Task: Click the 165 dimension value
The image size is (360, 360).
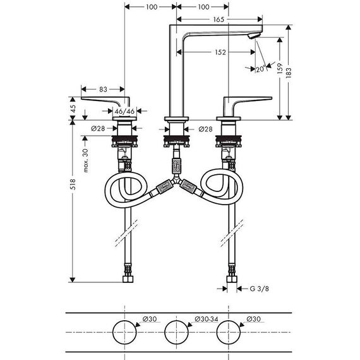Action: click(x=219, y=20)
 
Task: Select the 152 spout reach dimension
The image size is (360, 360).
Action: click(x=220, y=52)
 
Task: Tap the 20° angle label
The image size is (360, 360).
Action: click(x=261, y=69)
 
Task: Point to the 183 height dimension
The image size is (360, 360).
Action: click(x=289, y=73)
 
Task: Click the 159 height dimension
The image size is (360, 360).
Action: click(x=280, y=68)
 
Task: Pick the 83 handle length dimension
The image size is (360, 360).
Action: click(x=103, y=89)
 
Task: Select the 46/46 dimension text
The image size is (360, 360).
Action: click(x=124, y=111)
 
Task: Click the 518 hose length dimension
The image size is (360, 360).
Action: click(x=73, y=184)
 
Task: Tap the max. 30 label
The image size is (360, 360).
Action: click(x=85, y=160)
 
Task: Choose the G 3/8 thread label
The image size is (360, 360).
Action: click(x=259, y=289)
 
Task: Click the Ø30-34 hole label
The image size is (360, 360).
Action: click(x=206, y=319)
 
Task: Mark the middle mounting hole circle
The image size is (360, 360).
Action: click(x=176, y=332)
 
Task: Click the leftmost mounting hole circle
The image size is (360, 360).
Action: click(x=124, y=332)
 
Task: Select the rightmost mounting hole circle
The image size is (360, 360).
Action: click(x=229, y=332)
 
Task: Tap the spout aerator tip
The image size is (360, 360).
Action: click(x=254, y=36)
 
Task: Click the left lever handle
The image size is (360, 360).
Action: click(x=105, y=101)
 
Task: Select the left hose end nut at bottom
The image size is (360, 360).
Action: click(x=128, y=279)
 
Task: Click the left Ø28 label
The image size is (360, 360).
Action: click(x=98, y=129)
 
